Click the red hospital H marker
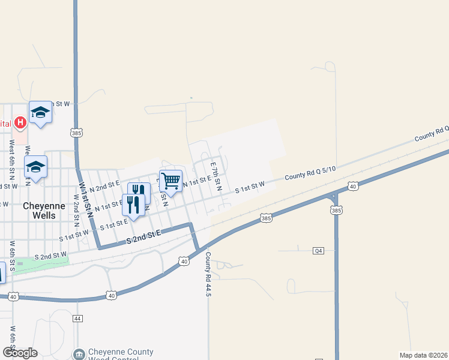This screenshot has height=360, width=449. pyautogui.click(x=20, y=123)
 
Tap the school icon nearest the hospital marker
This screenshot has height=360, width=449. pyautogui.click(x=40, y=112)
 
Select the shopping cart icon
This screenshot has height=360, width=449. pyautogui.click(x=171, y=181)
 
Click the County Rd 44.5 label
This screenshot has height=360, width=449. pyautogui.click(x=208, y=272)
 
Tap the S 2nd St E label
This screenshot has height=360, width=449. pyautogui.click(x=145, y=238)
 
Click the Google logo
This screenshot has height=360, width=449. pyautogui.click(x=20, y=353)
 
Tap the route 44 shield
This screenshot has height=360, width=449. pyautogui.click(x=77, y=318)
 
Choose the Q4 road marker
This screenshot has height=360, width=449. pyautogui.click(x=318, y=251)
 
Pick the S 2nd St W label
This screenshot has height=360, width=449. pyautogui.click(x=50, y=256)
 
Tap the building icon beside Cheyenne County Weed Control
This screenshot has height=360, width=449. pyautogui.click(x=79, y=355)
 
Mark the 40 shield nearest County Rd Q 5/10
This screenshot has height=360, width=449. pyautogui.click(x=353, y=187)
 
